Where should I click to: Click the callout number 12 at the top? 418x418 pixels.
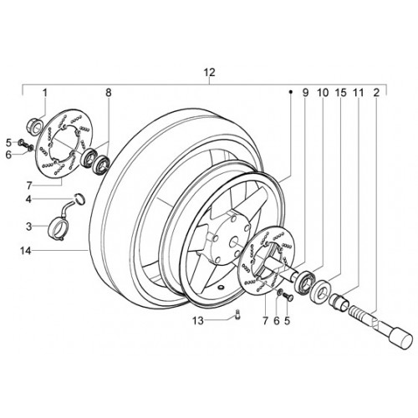pos(210,73)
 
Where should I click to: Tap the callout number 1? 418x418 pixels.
pos(45,93)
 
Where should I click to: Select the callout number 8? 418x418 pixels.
pos(109,93)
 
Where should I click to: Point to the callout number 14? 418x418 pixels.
pos(25,251)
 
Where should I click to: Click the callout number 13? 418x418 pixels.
pos(198,321)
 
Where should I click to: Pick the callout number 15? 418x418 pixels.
pos(340,93)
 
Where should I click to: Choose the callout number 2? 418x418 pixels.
pos(376,93)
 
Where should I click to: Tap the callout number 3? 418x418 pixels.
pos(29,227)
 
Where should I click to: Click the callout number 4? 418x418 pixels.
pos(28,199)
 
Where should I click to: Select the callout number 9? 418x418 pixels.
pos(306,93)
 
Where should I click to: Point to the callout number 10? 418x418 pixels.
pos(323,93)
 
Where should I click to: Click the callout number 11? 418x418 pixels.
pos(359,93)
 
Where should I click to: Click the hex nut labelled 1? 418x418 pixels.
pos(34,126)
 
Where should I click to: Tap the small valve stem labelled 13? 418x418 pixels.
pos(237,315)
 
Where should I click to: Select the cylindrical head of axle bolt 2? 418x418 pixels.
pos(401,339)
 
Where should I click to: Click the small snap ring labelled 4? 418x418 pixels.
pos(80,198)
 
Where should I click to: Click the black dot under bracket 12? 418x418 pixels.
pos(290,91)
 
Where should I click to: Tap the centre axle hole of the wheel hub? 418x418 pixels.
pos(235,242)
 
